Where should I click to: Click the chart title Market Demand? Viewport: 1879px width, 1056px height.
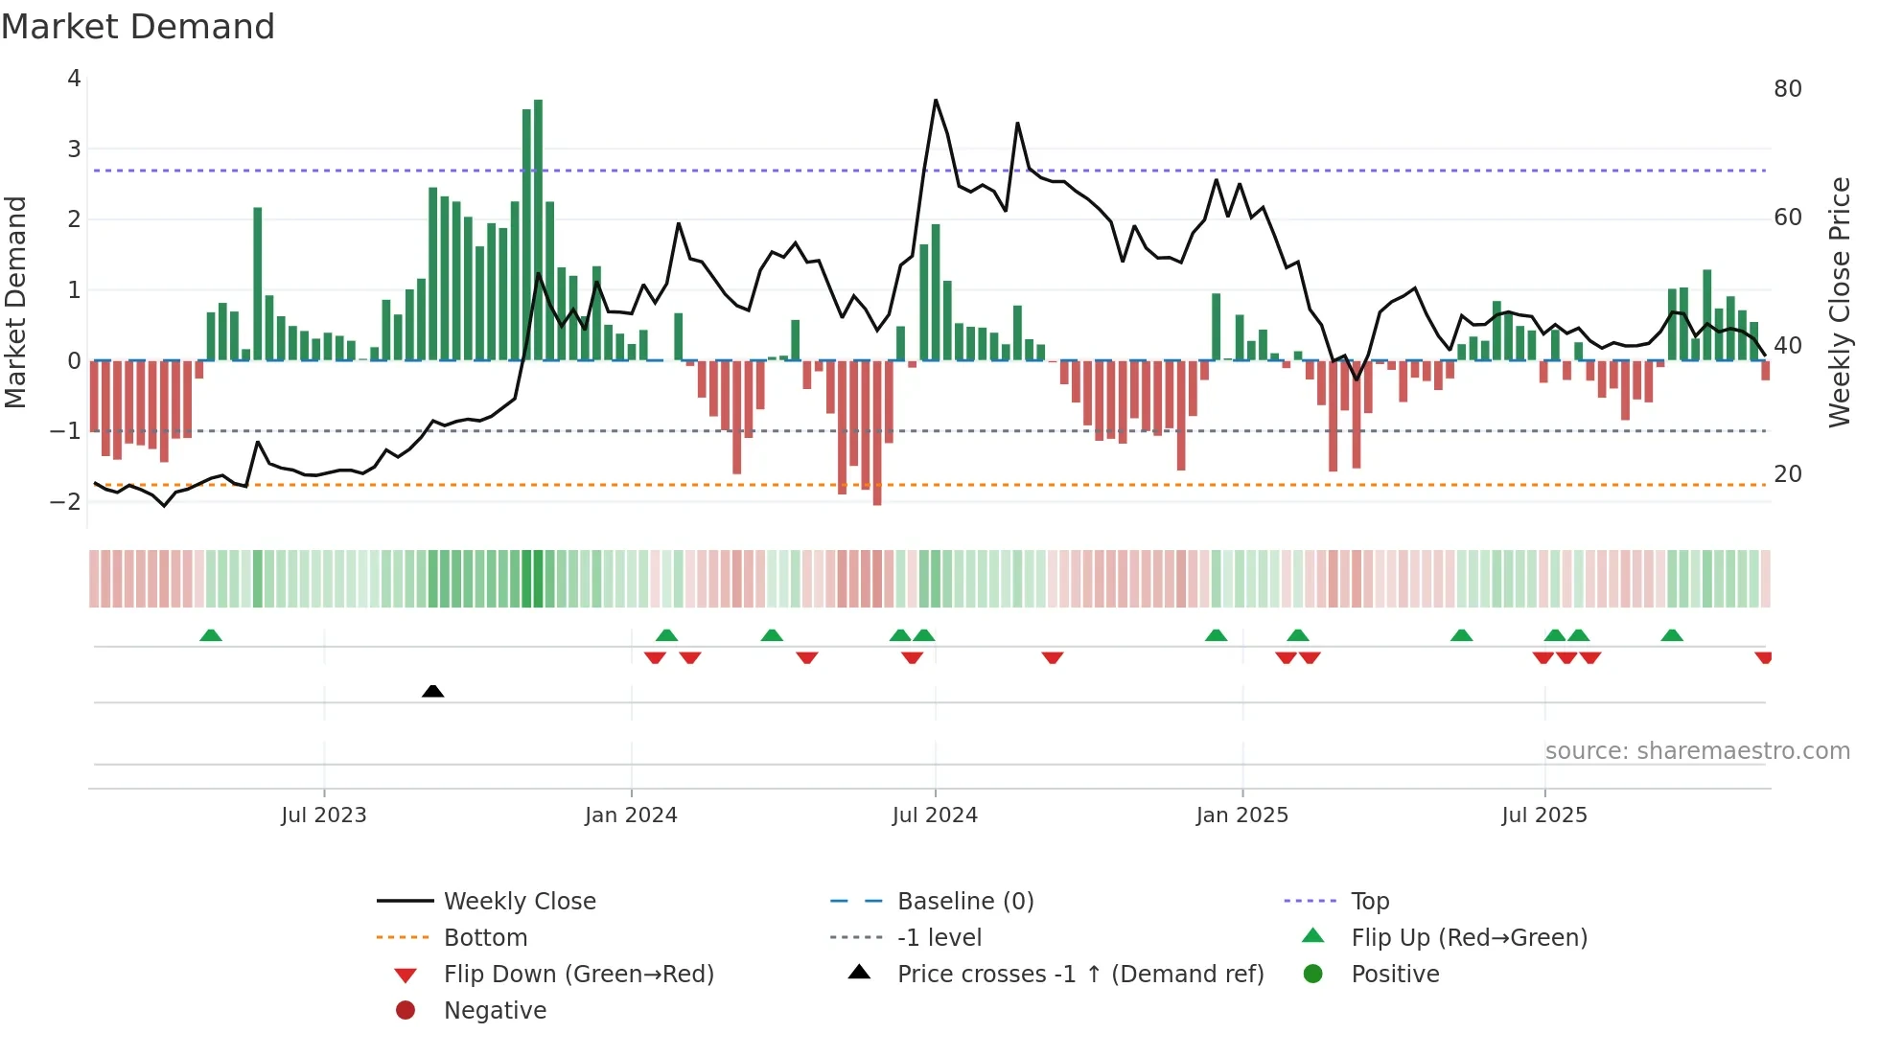click(x=138, y=27)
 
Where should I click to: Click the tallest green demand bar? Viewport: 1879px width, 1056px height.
click(x=538, y=230)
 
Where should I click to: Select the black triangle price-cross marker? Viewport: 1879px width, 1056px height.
click(x=432, y=691)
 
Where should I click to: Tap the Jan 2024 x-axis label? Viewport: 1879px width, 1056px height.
click(x=631, y=815)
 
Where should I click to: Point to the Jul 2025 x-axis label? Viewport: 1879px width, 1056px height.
click(x=1543, y=815)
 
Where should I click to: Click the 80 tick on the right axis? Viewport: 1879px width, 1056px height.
click(x=1787, y=89)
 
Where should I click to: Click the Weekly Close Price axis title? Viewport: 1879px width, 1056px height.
click(x=1839, y=302)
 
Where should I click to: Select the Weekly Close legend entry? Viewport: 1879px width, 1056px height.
click(x=519, y=902)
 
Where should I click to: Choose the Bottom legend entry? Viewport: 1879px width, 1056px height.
click(x=485, y=938)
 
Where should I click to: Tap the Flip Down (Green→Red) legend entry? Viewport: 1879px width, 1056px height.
click(x=578, y=975)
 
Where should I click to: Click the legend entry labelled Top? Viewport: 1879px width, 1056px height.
click(x=1369, y=902)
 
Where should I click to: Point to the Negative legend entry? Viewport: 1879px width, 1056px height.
click(x=495, y=1011)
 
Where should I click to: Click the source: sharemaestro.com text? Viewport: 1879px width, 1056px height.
click(x=1697, y=751)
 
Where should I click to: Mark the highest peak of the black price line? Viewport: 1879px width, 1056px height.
click(x=936, y=101)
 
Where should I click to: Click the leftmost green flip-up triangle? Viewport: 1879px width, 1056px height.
click(x=211, y=635)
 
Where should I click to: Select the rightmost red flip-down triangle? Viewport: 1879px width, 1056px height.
click(x=1763, y=657)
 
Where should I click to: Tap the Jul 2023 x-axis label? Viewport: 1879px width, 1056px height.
click(x=324, y=815)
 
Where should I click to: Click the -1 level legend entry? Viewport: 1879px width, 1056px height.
click(x=939, y=938)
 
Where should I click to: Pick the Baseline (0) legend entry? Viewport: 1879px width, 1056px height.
click(x=964, y=902)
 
